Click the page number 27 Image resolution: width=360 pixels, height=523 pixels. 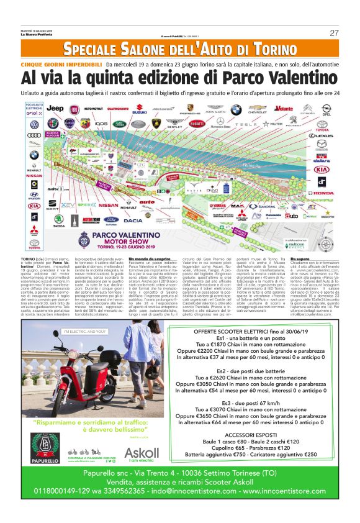click(334, 33)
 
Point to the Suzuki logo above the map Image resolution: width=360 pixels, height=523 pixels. click(140, 112)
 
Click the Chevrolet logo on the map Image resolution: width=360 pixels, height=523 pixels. click(257, 111)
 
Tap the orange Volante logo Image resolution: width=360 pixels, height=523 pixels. click(284, 109)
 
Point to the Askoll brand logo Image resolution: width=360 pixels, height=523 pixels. click(142, 453)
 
